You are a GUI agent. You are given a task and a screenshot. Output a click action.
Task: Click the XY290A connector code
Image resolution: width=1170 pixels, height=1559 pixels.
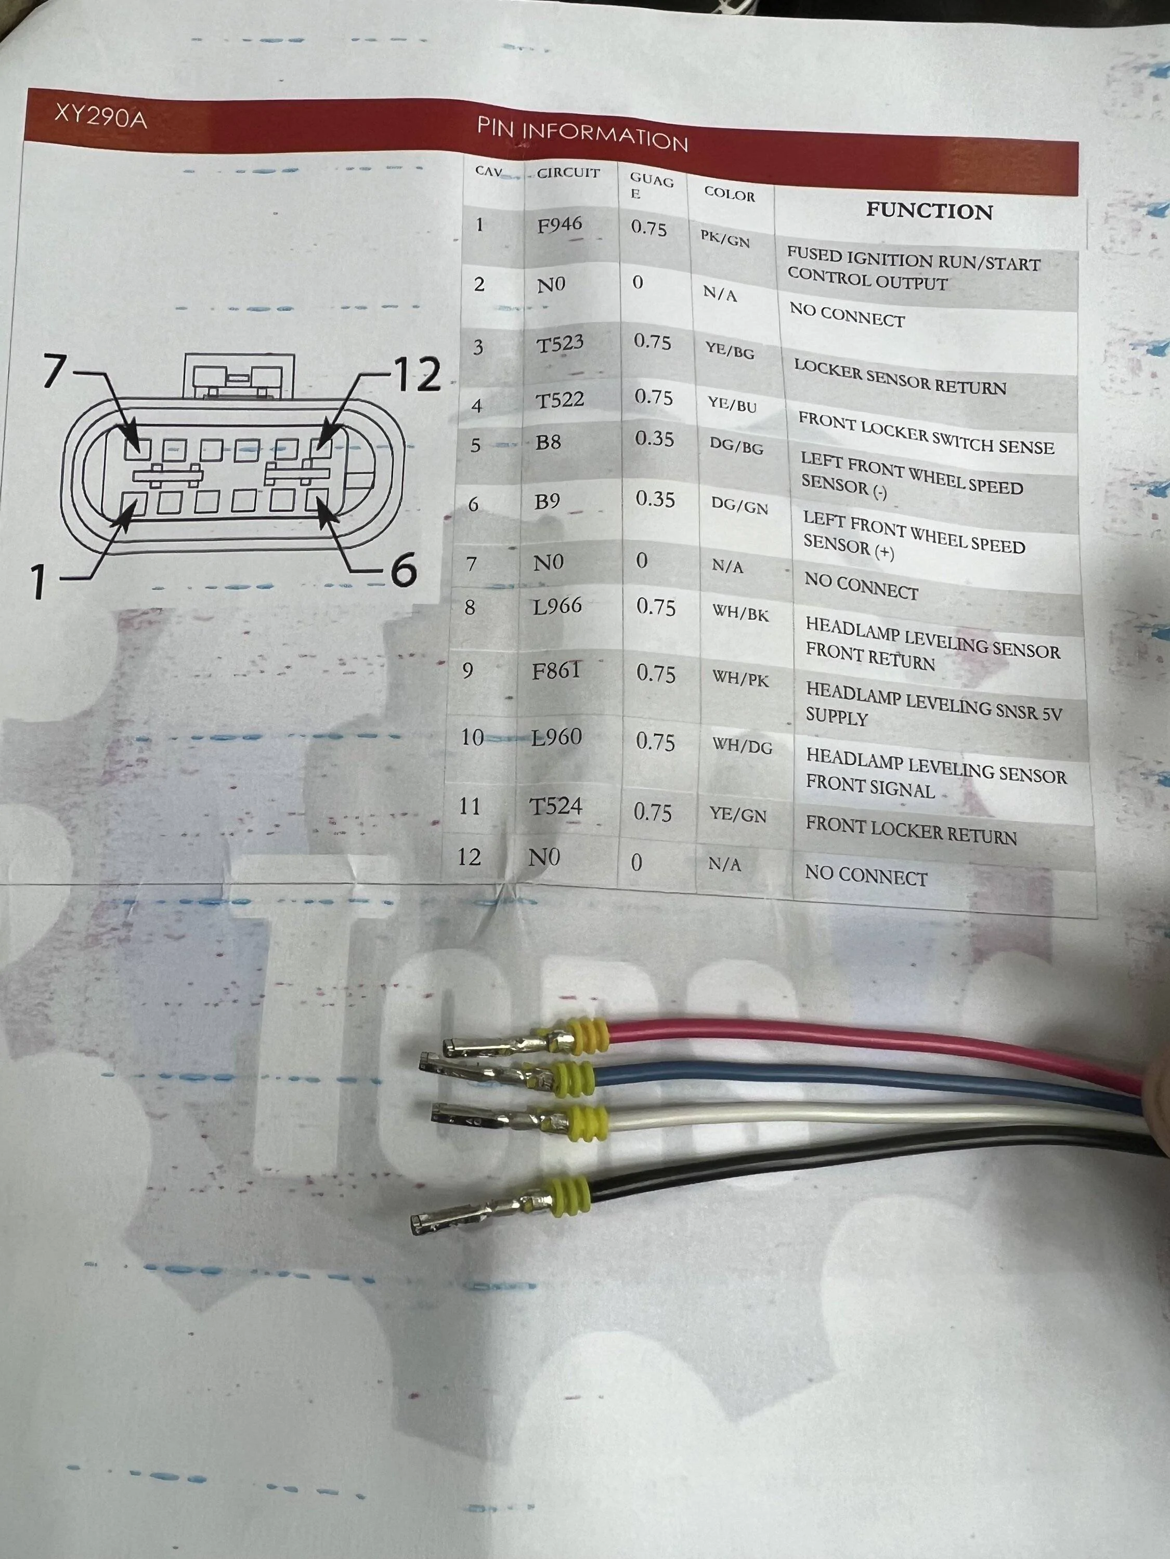(x=101, y=116)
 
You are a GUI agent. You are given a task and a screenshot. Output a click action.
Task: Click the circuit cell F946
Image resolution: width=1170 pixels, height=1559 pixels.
(x=559, y=225)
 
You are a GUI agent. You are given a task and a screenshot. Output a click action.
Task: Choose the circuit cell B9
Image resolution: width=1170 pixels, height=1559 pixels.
(x=547, y=501)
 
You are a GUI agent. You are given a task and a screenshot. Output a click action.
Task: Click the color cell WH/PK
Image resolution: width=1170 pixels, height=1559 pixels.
(x=740, y=678)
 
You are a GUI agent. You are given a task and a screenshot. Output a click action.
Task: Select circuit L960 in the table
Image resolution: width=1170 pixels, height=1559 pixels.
(x=556, y=737)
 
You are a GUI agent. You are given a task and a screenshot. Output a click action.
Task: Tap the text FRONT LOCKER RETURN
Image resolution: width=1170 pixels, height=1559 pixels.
(x=911, y=831)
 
